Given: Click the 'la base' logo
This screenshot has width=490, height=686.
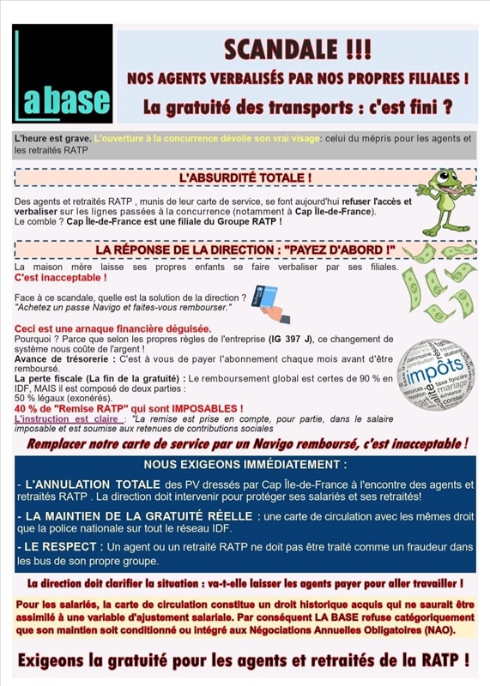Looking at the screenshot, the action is (x=63, y=74).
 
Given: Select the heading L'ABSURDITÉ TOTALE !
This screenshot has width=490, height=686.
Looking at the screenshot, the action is (x=245, y=178).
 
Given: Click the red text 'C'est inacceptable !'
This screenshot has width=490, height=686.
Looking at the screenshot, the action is (x=61, y=279).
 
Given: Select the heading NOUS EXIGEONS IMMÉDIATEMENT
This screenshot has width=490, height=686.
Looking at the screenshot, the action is (x=245, y=465).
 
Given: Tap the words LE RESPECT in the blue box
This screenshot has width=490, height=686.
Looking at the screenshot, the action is (x=57, y=546).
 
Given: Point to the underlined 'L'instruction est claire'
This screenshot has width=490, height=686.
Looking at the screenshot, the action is (x=66, y=418).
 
